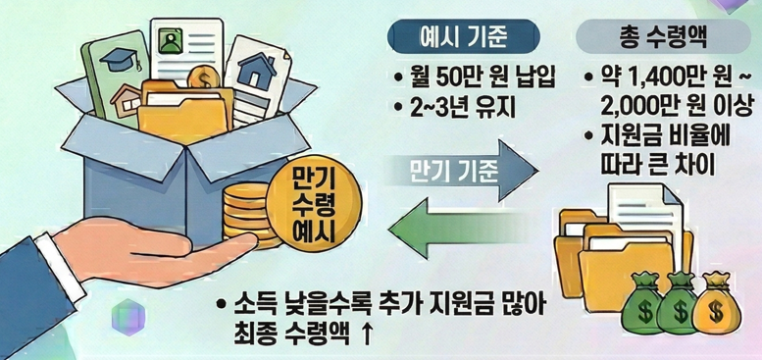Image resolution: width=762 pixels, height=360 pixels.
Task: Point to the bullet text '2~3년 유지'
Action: (x=455, y=105)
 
